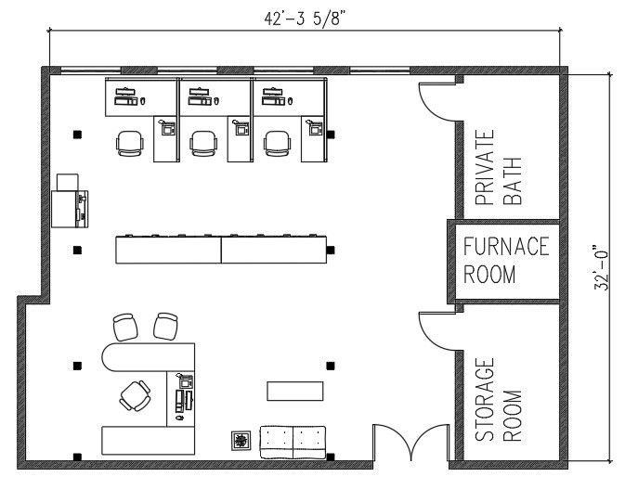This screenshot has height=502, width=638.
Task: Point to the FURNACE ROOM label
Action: pyautogui.click(x=506, y=261)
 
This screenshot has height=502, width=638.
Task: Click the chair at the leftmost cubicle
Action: pyautogui.click(x=130, y=143)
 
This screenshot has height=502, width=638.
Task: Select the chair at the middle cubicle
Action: pyautogui.click(x=204, y=143)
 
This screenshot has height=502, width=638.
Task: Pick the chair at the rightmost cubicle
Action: pyautogui.click(x=278, y=143)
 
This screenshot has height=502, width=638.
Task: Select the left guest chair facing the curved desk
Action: pyautogui.click(x=125, y=327)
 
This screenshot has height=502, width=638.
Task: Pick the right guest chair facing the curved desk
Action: pyautogui.click(x=166, y=326)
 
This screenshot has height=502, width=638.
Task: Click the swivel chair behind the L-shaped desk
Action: pyautogui.click(x=136, y=395)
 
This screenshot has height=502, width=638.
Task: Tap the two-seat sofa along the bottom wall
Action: pyautogui.click(x=292, y=441)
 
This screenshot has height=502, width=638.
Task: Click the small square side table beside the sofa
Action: pyautogui.click(x=241, y=441)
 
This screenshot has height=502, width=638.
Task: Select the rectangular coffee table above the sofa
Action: pyautogui.click(x=295, y=391)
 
